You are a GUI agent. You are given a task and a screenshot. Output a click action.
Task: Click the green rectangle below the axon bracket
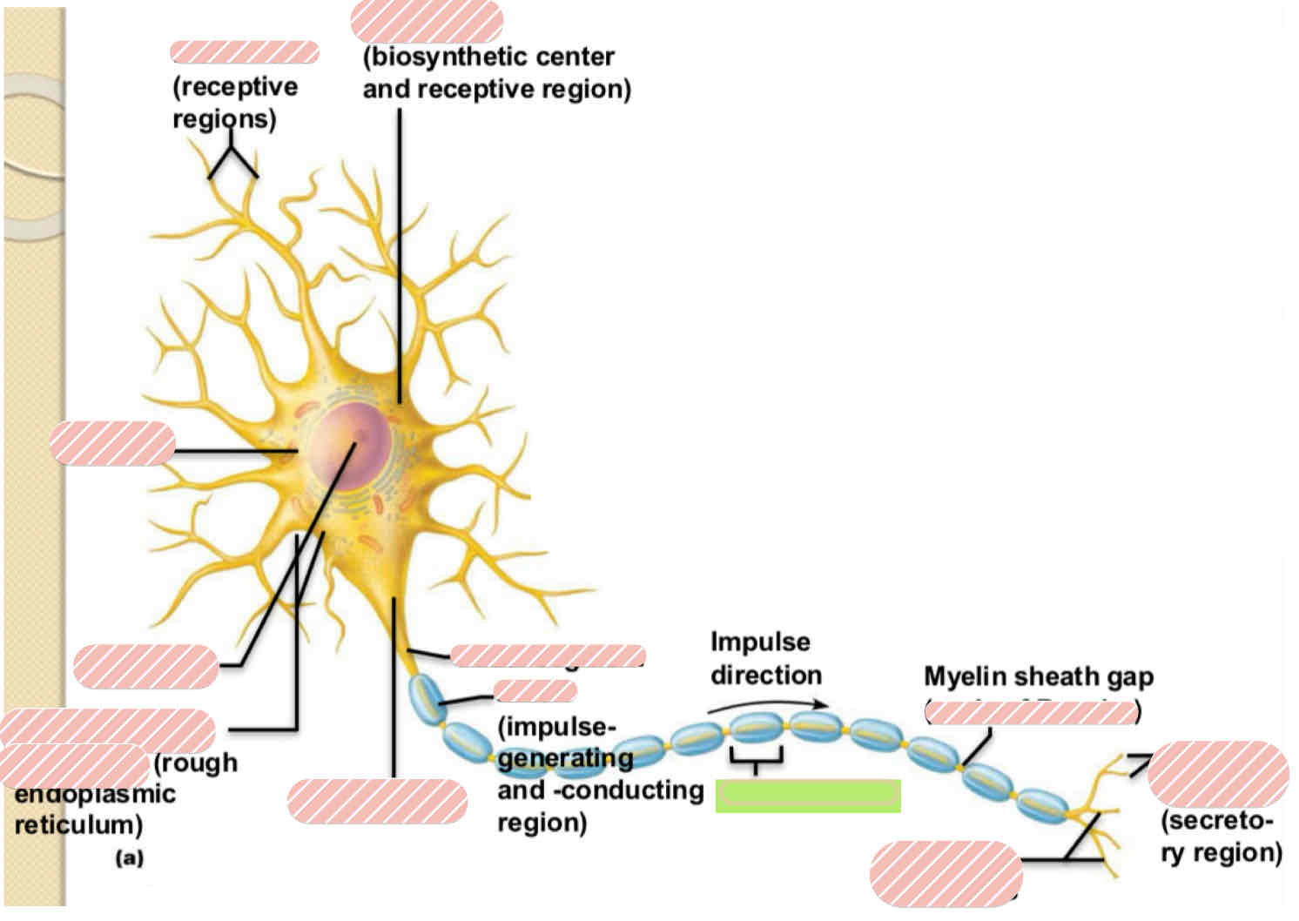point(807,796)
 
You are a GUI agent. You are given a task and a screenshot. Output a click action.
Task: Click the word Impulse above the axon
point(760,642)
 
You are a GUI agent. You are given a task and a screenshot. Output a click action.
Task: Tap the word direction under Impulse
point(766,676)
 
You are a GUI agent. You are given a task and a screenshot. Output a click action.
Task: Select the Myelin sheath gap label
point(1038,676)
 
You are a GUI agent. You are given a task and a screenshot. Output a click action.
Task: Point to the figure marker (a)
point(129,858)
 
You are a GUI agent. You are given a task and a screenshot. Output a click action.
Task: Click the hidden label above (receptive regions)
point(244,52)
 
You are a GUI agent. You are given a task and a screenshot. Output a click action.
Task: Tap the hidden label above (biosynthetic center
point(427,22)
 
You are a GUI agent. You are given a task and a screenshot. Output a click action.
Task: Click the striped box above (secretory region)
point(1218,774)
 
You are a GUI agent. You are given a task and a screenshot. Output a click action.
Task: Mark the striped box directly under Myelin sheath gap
point(1031,712)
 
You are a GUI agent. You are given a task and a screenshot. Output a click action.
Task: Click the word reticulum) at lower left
point(78,824)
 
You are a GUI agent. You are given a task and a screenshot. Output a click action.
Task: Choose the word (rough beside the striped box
point(195,763)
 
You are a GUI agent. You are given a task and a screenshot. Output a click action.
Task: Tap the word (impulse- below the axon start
point(556,727)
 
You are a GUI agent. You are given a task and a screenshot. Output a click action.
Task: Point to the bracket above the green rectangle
point(756,759)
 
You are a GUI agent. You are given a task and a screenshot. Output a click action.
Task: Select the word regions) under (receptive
point(224,118)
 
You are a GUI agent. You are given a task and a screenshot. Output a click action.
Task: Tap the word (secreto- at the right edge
point(1216,821)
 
